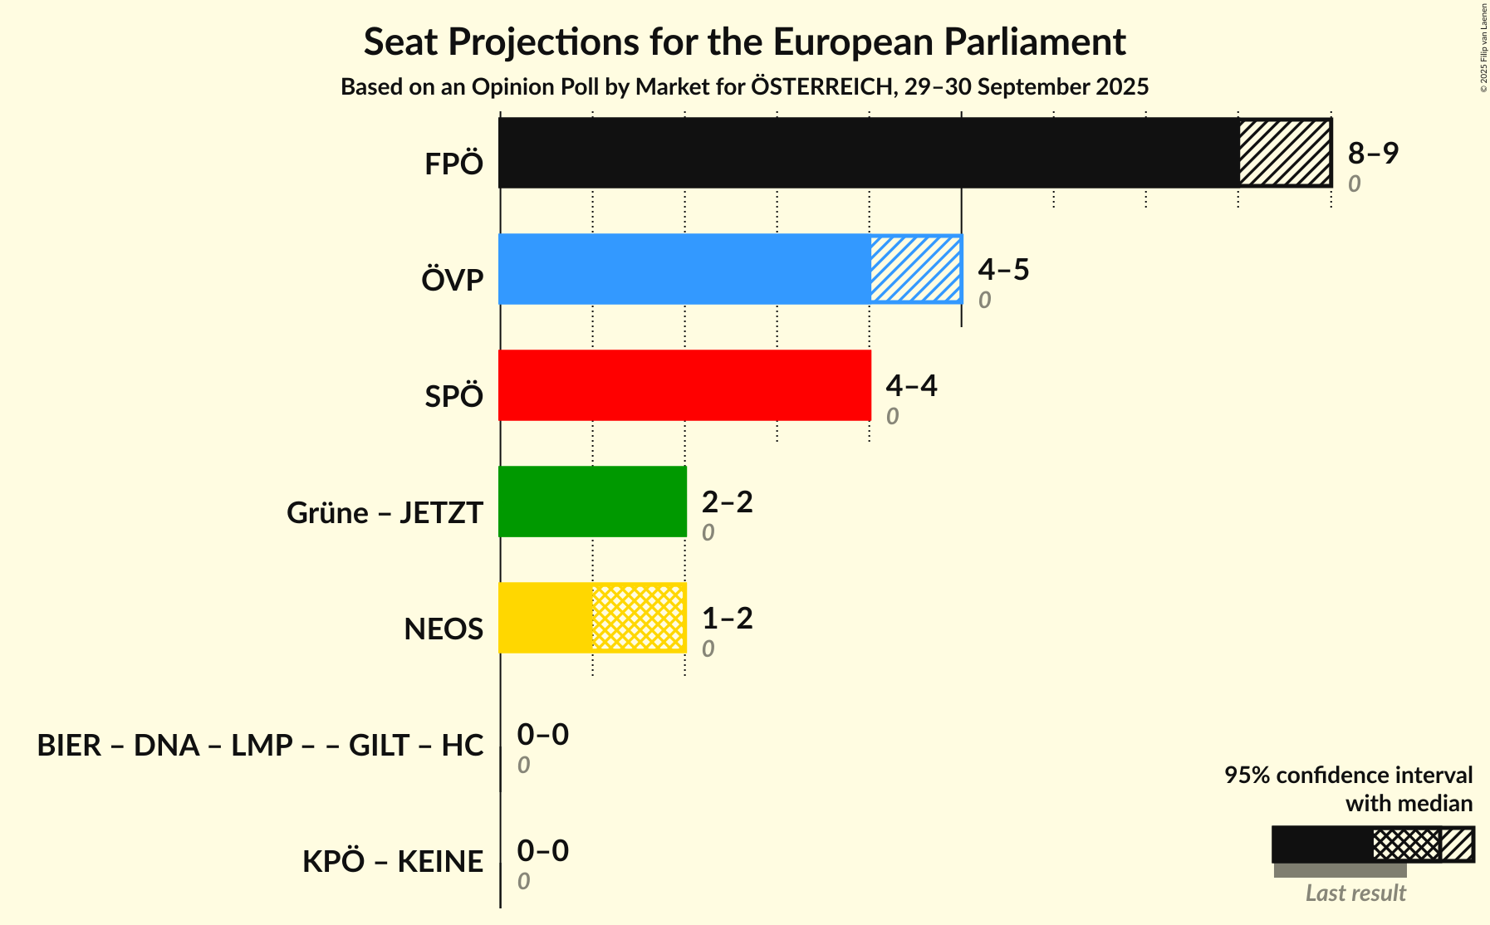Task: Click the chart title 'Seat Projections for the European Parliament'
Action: tap(744, 42)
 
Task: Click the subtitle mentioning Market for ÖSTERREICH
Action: tap(744, 86)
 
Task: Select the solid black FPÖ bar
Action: tap(869, 153)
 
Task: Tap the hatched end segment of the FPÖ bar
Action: tap(1285, 153)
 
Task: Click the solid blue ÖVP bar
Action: tap(684, 269)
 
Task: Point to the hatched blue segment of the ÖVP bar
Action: tap(916, 269)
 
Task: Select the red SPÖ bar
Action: tap(684, 385)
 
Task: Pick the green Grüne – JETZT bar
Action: tap(592, 502)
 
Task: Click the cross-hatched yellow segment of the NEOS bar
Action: tap(639, 618)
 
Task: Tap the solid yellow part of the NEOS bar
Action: tap(546, 618)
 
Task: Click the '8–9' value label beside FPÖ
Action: tap(1373, 153)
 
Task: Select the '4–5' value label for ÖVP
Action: tap(1003, 269)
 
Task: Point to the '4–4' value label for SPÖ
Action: tap(911, 385)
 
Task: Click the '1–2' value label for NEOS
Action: tap(727, 618)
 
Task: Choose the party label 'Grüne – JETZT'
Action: tap(385, 512)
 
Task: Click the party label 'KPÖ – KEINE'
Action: tap(393, 861)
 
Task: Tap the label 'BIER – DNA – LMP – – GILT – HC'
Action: tap(260, 745)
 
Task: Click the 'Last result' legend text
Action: tap(1355, 893)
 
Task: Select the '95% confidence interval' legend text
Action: tap(1348, 775)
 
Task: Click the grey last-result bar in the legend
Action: tap(1340, 870)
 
